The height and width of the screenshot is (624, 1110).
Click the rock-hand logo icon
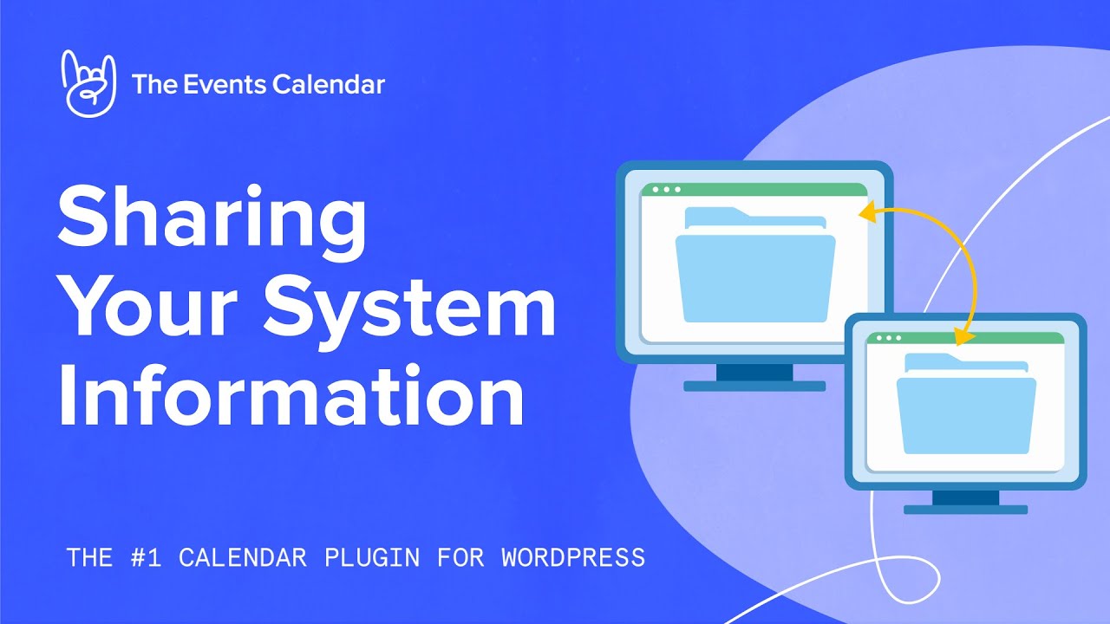(x=88, y=83)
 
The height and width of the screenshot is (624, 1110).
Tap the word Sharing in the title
(x=212, y=218)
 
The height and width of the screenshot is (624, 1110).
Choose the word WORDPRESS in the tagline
(x=573, y=557)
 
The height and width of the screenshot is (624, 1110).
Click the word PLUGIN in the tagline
(x=371, y=557)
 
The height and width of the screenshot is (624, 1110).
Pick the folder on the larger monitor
(x=754, y=269)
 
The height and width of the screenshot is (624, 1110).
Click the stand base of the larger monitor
(x=754, y=386)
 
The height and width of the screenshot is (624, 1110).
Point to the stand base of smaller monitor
(x=965, y=510)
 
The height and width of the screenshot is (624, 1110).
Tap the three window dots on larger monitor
(x=666, y=190)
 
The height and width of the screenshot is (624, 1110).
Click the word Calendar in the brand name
(x=328, y=84)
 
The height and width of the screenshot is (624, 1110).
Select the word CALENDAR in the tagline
(x=243, y=557)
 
